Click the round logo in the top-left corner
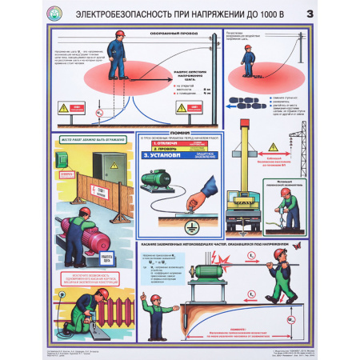tap(31, 14)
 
